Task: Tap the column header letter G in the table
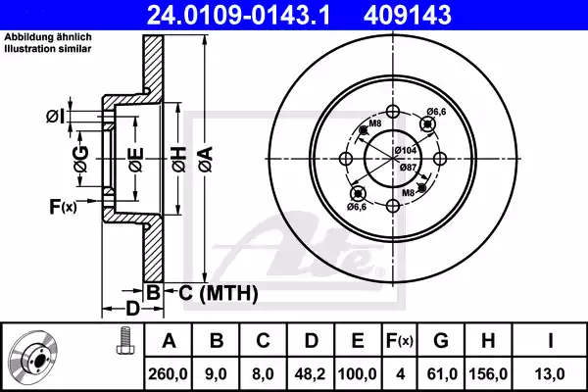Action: pyautogui.click(x=440, y=340)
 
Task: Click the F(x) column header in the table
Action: pyautogui.click(x=397, y=340)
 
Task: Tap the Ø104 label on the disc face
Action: pyautogui.click(x=406, y=149)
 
